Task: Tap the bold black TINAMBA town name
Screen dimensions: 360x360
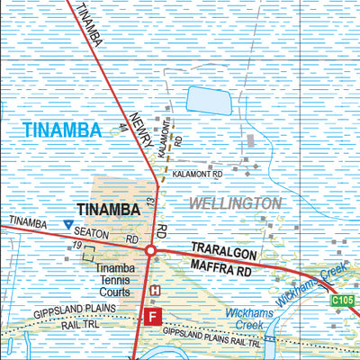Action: pos(108,210)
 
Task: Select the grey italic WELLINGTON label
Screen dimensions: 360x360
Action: pos(235,203)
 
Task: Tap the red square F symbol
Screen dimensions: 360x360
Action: pos(152,316)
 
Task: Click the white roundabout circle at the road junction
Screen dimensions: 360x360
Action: pos(151,250)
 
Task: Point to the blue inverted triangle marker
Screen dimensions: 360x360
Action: pos(68,224)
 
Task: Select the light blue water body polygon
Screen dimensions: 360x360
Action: pos(208,101)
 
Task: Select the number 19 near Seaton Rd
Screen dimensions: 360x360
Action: pos(78,246)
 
